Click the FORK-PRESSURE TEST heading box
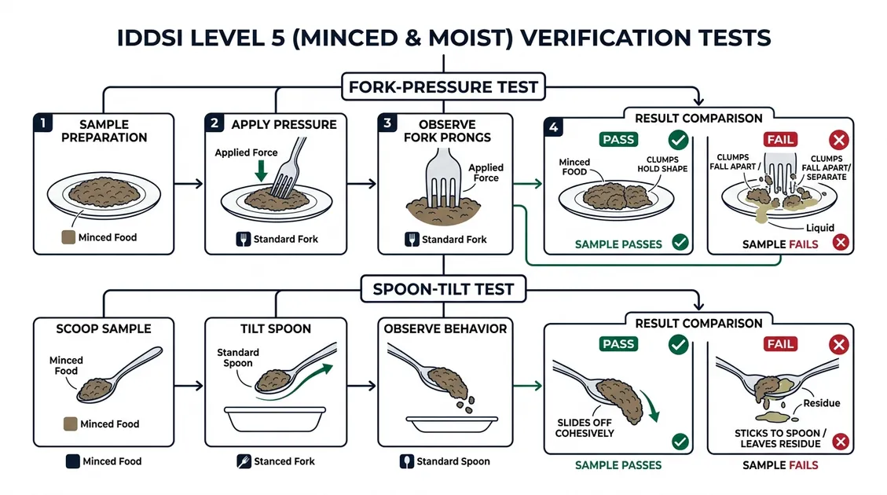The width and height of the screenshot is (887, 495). [x=443, y=86]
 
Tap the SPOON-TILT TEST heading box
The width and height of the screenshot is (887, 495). [x=443, y=289]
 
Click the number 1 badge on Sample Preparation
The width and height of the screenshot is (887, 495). [x=43, y=123]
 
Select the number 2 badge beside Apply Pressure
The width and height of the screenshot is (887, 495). [x=214, y=123]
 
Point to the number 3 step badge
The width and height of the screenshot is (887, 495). [x=387, y=123]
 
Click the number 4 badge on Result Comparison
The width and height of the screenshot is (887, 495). [x=554, y=127]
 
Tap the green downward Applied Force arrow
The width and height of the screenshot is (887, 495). [x=261, y=170]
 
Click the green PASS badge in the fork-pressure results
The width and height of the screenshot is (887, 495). [x=618, y=140]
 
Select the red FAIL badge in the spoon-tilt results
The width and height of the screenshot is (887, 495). [x=780, y=344]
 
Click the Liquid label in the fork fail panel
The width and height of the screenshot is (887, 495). [x=820, y=227]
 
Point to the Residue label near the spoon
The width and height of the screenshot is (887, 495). [x=821, y=403]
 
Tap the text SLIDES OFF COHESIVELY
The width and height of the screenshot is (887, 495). [x=585, y=427]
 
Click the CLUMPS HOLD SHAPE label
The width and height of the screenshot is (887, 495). [x=662, y=164]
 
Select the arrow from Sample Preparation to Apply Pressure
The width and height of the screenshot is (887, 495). [x=189, y=183]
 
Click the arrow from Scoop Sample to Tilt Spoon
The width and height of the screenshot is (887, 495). [x=189, y=386]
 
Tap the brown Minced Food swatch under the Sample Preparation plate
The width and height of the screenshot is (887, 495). [x=68, y=237]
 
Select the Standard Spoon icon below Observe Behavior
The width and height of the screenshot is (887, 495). [x=407, y=461]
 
